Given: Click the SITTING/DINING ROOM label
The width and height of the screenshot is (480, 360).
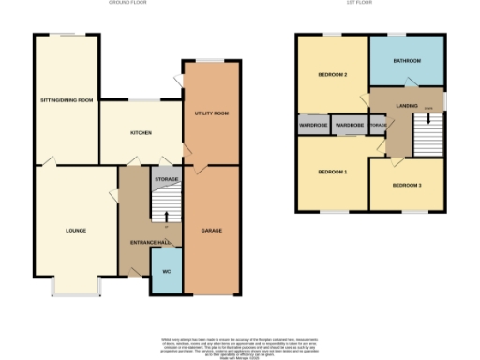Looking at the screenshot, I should tap(66, 99).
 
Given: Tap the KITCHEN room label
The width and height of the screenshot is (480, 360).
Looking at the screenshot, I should tap(141, 133).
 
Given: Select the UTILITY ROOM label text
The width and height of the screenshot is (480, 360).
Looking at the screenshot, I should tap(212, 113).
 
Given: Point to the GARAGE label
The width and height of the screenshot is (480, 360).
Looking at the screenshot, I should tap(211, 229).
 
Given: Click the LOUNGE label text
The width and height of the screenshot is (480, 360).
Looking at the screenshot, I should tap(76, 229).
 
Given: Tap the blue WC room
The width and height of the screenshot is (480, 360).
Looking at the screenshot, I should tap(166, 272).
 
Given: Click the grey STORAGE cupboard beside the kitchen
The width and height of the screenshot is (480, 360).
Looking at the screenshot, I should tap(166, 177).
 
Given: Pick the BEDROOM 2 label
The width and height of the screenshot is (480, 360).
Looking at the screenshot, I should tap(332, 74).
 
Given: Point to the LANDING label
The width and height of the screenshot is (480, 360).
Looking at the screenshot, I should tap(405, 106).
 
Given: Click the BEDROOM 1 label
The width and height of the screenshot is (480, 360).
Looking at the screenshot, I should tap(332, 172).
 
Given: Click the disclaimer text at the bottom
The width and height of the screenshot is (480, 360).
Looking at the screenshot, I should tap(240, 345).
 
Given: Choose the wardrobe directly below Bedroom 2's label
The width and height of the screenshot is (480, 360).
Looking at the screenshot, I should tap(313, 125).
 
